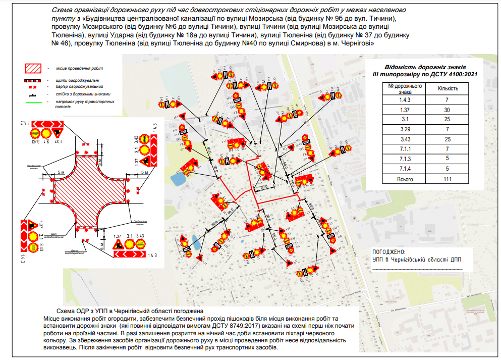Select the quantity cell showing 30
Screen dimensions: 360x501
point(447,110)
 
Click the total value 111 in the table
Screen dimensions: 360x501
point(447,179)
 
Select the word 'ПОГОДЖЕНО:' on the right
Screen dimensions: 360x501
point(388,251)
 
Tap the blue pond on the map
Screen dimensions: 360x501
point(177,178)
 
